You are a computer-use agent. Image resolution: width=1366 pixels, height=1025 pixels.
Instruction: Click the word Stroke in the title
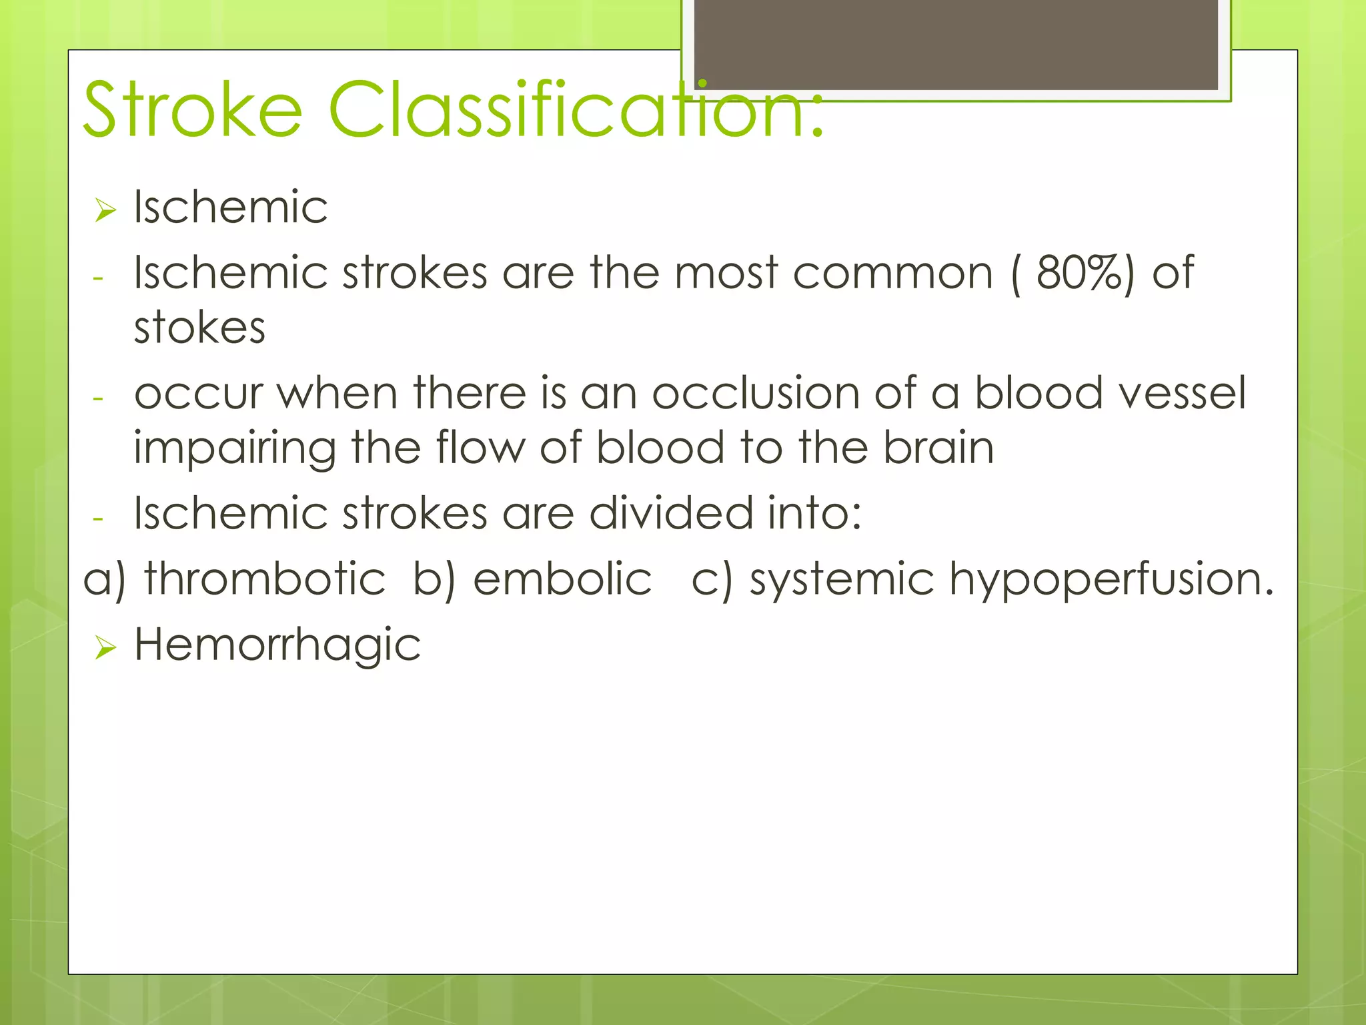click(x=193, y=109)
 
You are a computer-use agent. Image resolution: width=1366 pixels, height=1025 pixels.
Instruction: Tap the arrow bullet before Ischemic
click(x=105, y=210)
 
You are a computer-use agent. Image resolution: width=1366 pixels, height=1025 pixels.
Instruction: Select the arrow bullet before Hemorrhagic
click(x=105, y=647)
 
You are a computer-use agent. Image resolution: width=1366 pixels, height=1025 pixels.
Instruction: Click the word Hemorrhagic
click(x=277, y=646)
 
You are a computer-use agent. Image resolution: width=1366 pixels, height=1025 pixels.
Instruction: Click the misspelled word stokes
click(x=199, y=328)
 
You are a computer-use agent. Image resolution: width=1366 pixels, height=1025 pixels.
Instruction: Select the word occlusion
click(x=756, y=393)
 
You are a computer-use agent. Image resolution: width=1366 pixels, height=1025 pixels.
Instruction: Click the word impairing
click(x=234, y=448)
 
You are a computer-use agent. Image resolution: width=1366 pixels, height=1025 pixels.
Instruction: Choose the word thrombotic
click(x=265, y=579)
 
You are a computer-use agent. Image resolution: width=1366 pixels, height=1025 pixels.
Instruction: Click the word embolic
click(x=562, y=579)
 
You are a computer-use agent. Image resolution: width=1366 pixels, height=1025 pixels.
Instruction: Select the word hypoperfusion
click(x=1111, y=580)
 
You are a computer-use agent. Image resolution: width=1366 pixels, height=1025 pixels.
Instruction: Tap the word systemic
click(x=842, y=580)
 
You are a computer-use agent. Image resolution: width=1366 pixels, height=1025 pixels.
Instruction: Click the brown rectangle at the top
click(x=956, y=44)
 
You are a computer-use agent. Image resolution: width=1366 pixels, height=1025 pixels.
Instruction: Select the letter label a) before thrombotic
click(x=104, y=580)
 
